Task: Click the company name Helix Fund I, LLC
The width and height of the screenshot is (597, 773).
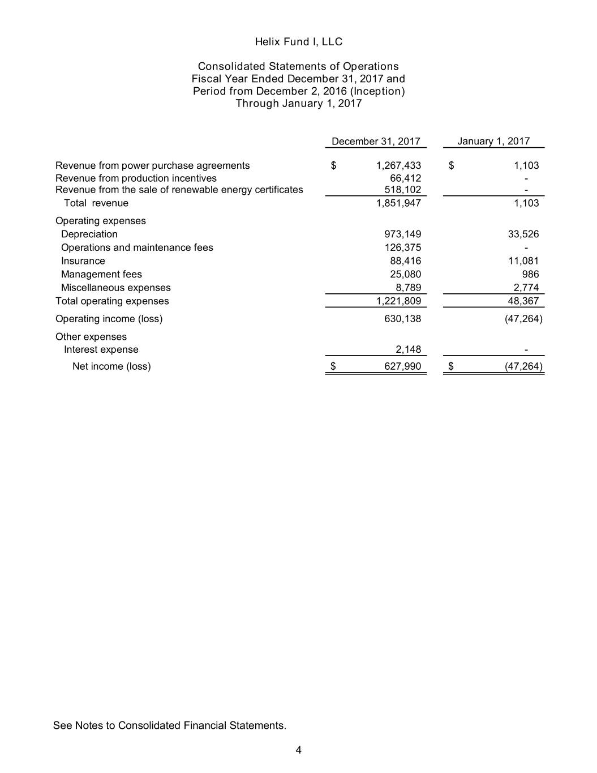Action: [x=298, y=42]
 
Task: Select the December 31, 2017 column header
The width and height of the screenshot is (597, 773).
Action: [x=376, y=141]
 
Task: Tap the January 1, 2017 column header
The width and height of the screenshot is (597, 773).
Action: [x=493, y=141]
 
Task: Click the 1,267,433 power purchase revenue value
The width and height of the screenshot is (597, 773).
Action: [x=398, y=165]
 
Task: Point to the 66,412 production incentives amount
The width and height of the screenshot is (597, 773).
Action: [x=405, y=178]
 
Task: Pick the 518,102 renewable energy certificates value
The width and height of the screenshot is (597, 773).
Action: [x=402, y=190]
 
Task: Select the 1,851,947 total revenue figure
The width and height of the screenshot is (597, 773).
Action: [x=398, y=203]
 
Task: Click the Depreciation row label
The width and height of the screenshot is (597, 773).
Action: [x=89, y=234]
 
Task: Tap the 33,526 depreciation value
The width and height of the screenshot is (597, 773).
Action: [x=523, y=234]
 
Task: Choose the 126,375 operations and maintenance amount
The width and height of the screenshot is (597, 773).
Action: [x=402, y=247]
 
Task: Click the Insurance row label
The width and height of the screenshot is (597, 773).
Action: [x=83, y=261]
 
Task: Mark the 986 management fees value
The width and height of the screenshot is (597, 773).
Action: [x=530, y=274]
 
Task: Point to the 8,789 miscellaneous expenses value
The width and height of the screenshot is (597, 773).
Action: [x=408, y=288]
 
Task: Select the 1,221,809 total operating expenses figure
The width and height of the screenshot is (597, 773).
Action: [x=398, y=301]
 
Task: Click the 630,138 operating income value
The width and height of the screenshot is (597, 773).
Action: [x=402, y=319]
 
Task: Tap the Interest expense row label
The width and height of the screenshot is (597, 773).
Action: [x=101, y=349]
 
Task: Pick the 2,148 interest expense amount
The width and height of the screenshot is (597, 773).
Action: [x=408, y=349]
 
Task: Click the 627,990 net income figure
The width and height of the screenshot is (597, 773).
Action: [x=402, y=366]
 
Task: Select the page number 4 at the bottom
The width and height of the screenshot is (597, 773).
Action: [x=298, y=750]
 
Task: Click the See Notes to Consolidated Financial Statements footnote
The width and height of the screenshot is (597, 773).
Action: [x=170, y=725]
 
